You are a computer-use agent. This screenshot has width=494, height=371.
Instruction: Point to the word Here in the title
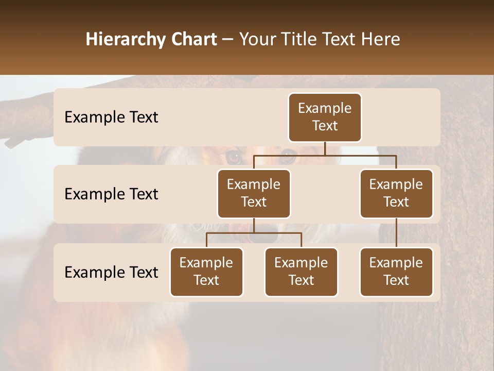pos(380,40)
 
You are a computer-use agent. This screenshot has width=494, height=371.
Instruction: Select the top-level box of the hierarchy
pos(325,117)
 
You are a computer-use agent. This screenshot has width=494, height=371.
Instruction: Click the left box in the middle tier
pos(254,193)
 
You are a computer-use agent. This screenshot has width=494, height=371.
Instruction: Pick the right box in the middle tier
pos(396,193)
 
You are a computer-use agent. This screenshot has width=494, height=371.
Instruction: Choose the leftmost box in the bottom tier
pos(206,272)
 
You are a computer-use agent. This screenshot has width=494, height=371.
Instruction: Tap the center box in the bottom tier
pos(301,272)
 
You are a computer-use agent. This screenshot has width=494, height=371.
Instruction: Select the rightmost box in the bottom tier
pos(396,272)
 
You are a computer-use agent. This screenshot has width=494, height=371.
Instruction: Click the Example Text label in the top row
pos(111,117)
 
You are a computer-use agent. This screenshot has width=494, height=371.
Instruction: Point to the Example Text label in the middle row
pos(111,194)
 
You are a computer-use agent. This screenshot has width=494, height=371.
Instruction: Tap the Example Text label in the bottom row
pos(111,272)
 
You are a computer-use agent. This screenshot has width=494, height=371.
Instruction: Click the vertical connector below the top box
pos(325,148)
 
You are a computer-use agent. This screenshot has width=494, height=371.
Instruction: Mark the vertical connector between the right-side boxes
pos(396,232)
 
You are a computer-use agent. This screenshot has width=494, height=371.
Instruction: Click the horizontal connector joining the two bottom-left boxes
pos(254,233)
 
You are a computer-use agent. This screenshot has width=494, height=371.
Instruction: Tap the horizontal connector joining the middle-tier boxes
pos(325,155)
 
